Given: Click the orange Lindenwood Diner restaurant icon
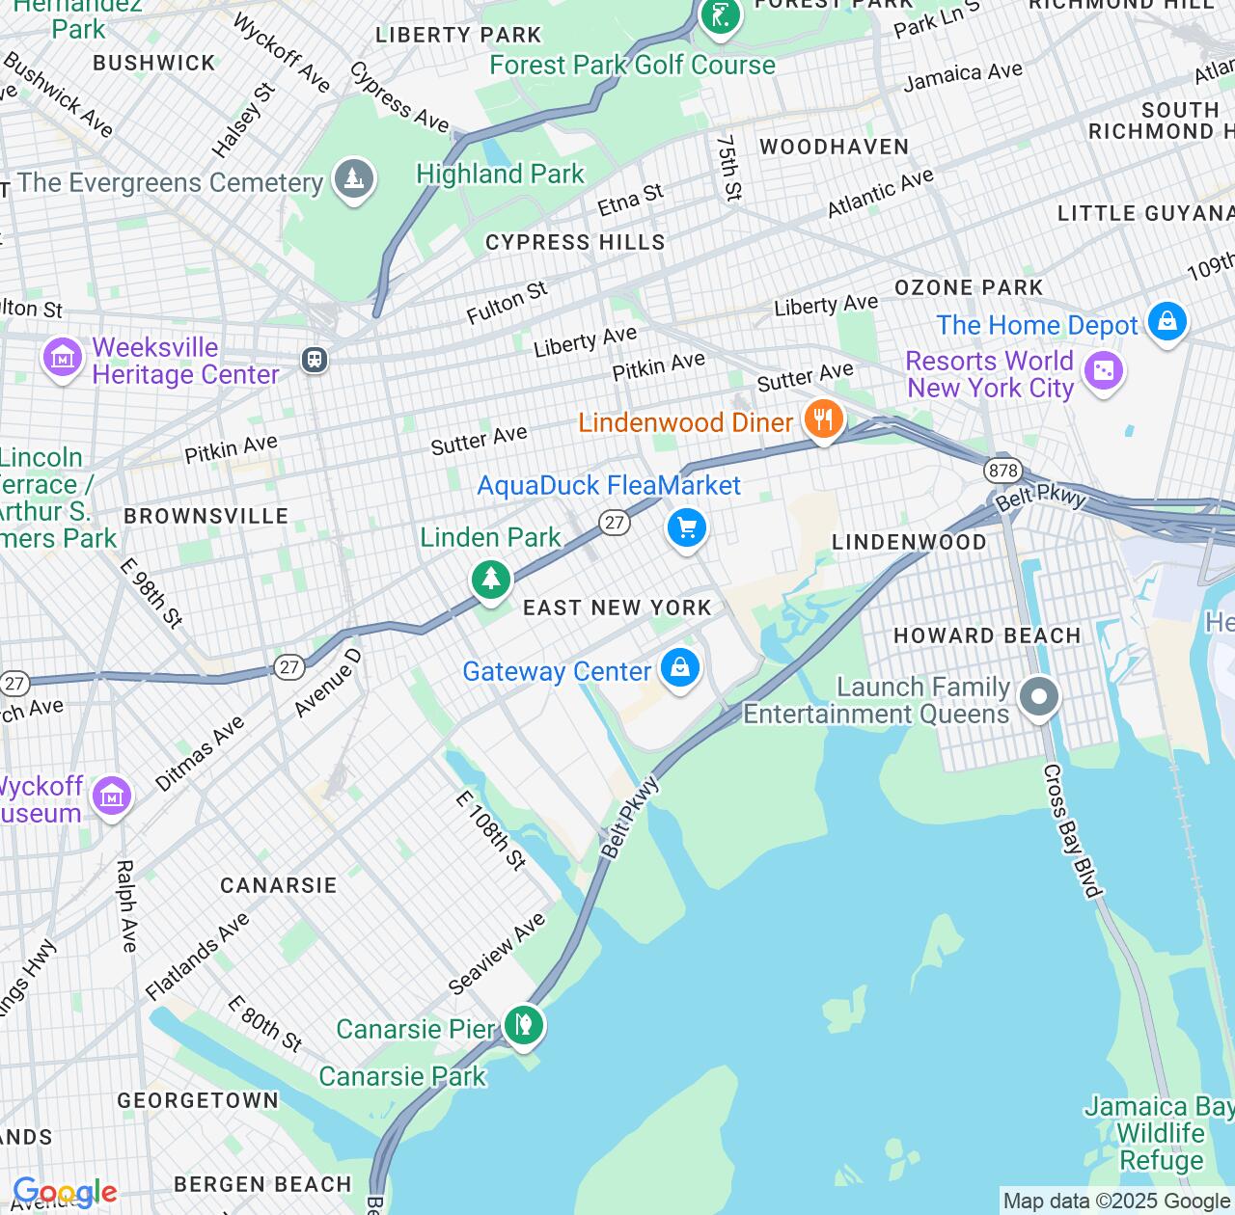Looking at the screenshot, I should click(x=823, y=420).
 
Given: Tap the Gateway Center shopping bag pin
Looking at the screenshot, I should click(x=680, y=667).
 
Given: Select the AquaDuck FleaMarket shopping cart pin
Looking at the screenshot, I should click(x=687, y=528).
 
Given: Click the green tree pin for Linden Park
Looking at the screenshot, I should click(x=490, y=580).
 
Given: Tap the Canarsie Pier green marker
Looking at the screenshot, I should click(x=523, y=1024).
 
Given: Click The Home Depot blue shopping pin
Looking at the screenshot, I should click(x=1166, y=322).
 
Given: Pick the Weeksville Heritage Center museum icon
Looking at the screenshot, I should click(x=62, y=359).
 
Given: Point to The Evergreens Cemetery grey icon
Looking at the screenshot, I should click(x=353, y=178).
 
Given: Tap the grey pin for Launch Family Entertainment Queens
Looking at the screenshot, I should click(x=1039, y=696).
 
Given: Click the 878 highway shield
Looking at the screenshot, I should click(x=1003, y=471).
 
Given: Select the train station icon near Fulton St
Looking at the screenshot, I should click(x=314, y=360).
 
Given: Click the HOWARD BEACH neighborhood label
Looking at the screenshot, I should click(x=986, y=635).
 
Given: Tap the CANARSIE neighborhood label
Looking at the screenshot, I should click(x=278, y=885).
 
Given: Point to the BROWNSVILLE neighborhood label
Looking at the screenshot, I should click(x=206, y=516).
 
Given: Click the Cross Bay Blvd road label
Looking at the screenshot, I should click(x=1072, y=830).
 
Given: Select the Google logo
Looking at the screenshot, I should click(x=65, y=1193).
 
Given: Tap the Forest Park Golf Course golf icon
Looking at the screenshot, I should click(x=720, y=14).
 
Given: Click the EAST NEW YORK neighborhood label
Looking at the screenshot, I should click(x=617, y=607).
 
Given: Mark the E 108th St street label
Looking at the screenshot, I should click(x=491, y=830).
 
